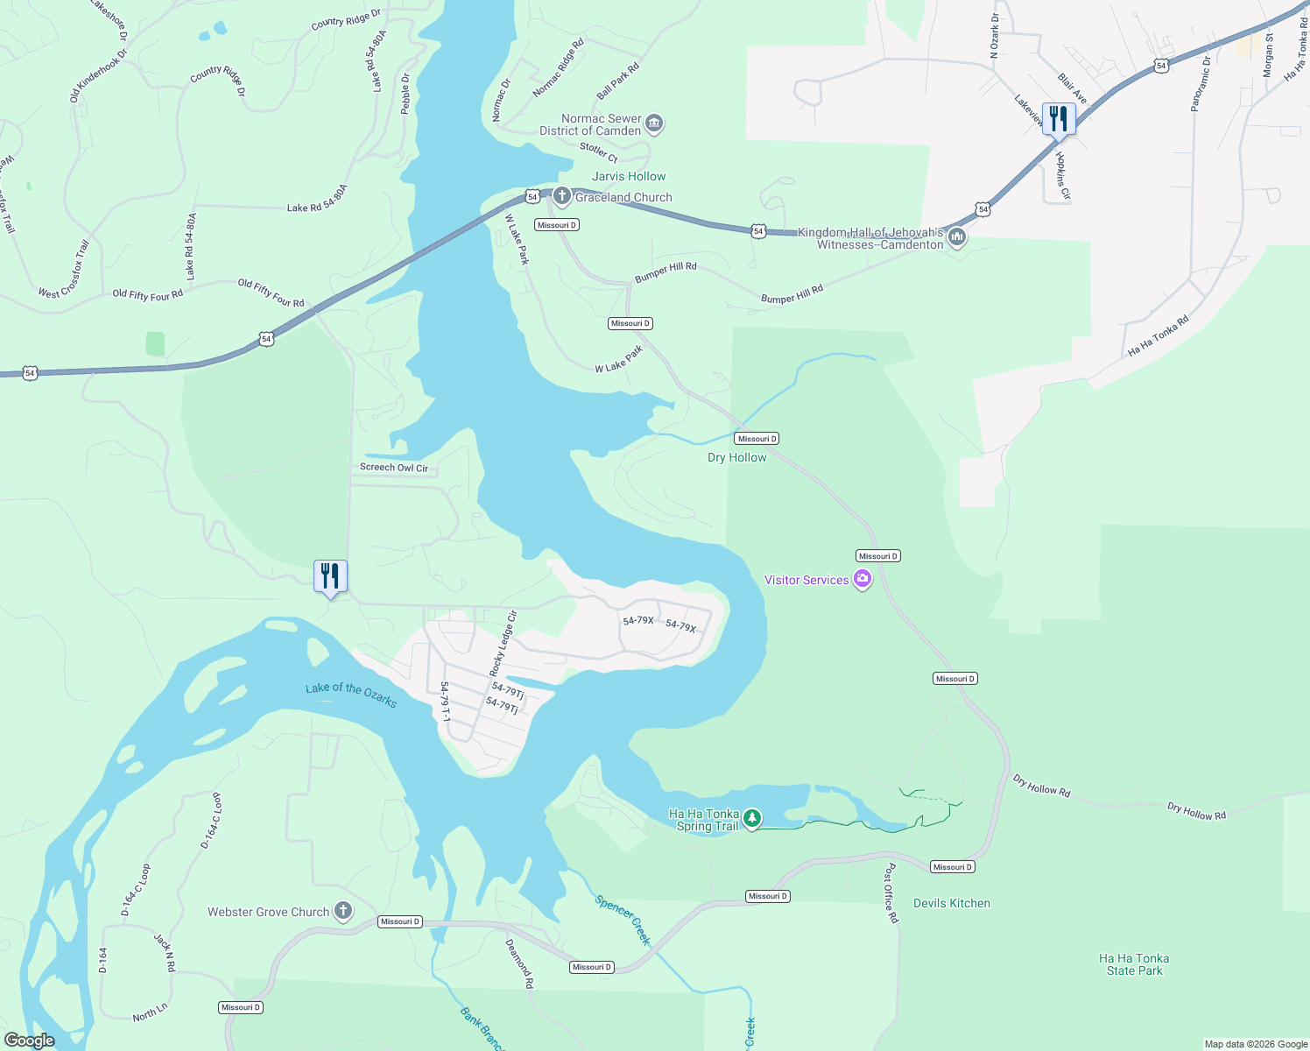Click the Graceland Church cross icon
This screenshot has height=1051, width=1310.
561,196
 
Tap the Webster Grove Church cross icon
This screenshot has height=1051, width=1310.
343,911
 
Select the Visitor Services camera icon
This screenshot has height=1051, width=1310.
863,579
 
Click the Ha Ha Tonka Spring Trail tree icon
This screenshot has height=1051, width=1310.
752,819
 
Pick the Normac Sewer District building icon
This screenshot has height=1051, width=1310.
653,123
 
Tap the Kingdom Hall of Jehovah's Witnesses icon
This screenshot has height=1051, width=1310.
957,236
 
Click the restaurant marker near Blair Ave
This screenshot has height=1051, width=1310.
1059,119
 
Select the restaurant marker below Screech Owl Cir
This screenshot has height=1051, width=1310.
330,576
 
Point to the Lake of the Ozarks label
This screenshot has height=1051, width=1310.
351,695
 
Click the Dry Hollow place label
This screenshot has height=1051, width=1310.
736,457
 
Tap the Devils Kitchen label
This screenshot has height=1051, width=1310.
951,903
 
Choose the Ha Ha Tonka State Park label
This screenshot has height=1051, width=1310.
1134,964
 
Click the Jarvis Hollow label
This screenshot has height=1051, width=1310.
629,176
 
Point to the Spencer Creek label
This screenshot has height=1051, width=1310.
623,920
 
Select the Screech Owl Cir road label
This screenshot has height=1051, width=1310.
394,468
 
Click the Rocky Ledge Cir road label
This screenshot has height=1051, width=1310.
503,643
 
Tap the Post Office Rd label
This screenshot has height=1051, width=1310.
891,893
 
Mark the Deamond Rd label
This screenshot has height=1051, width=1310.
519,963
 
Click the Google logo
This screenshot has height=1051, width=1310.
29,1040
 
